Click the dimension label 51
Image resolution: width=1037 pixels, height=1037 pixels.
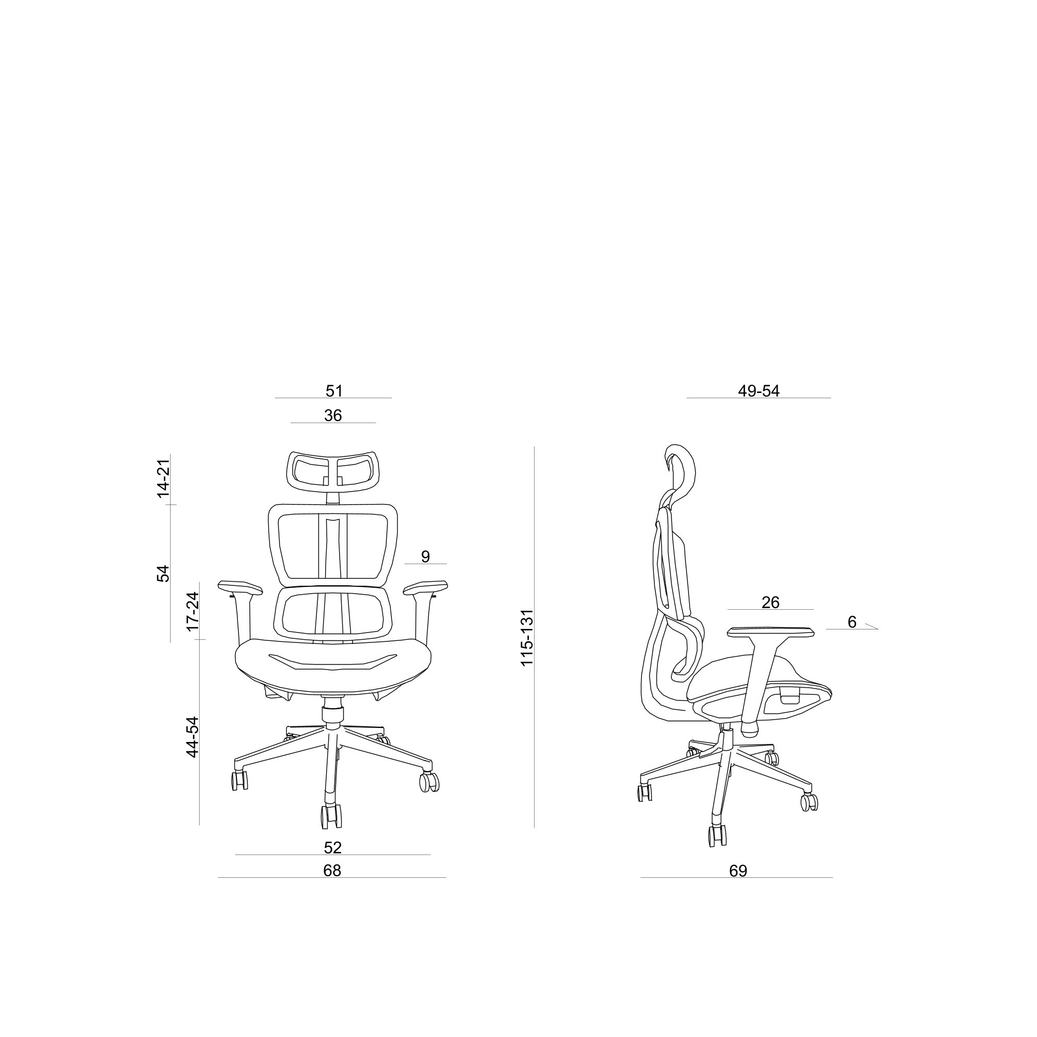[334, 391]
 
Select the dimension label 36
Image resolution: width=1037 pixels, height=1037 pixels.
[333, 415]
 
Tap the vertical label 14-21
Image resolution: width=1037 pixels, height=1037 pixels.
[163, 478]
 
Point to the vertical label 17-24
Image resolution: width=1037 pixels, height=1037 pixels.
[192, 611]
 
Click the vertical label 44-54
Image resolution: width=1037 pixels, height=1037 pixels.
[192, 737]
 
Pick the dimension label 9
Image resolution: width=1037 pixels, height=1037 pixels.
[425, 556]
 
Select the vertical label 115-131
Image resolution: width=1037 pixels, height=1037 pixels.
[527, 638]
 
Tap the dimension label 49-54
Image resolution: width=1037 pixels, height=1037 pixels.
[759, 391]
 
